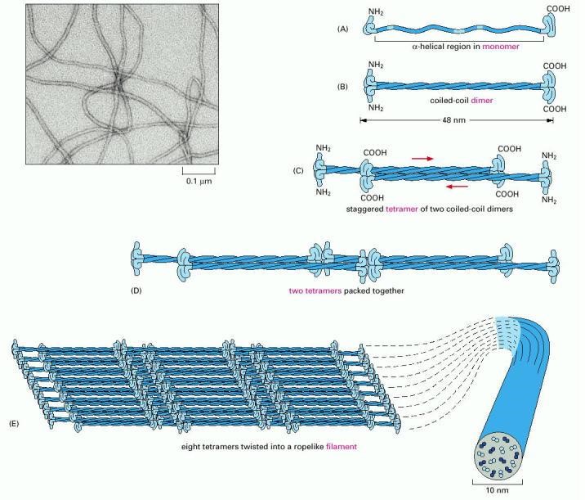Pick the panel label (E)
pyautogui.click(x=11, y=423)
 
